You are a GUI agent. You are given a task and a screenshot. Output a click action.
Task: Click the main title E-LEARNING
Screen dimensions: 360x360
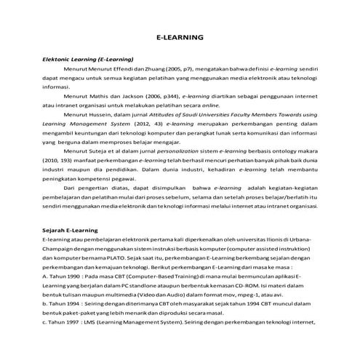point(180,37)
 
